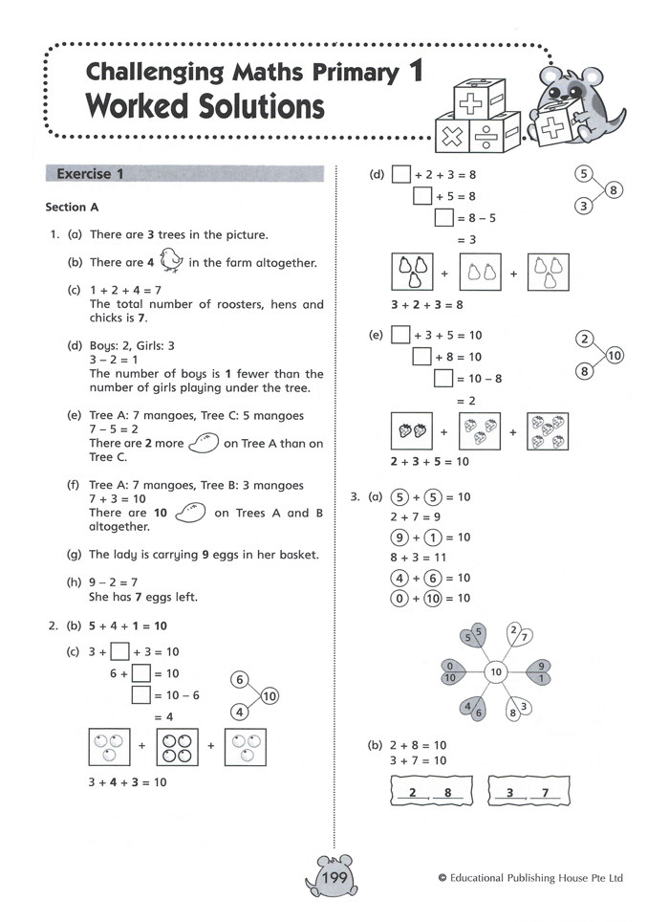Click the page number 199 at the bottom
tap(335, 877)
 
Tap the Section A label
tap(73, 207)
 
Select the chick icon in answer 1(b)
tap(172, 260)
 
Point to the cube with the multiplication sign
tap(455, 135)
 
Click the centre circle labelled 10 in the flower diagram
tap(496, 672)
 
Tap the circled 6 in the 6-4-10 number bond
tap(241, 680)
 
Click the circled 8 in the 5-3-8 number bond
tap(614, 189)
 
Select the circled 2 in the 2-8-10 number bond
tap(586, 340)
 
